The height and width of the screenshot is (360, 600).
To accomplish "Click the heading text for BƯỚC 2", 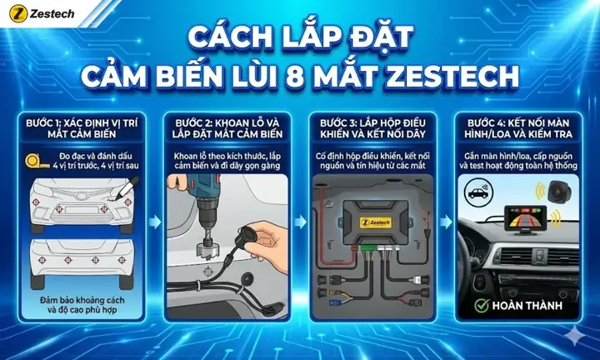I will [226, 129].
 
